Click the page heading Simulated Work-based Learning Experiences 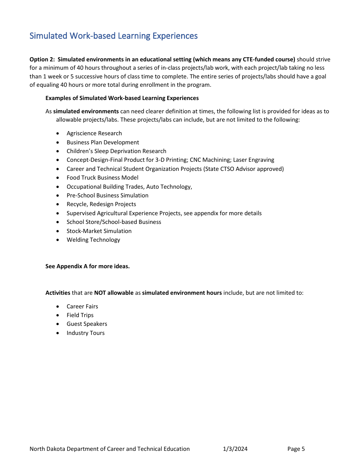(x=113, y=36)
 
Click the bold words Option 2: (x=42, y=59)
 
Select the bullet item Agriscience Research (x=94, y=133)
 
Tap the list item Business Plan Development (x=103, y=142)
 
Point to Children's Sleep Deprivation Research (x=116, y=151)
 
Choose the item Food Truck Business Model (x=102, y=178)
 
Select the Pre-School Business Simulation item (x=107, y=195)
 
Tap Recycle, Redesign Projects (x=101, y=204)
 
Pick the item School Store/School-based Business (x=114, y=222)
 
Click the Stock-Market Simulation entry (x=99, y=231)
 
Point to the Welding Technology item (x=93, y=240)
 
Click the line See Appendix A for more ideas (x=88, y=266)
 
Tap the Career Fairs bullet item (x=82, y=306)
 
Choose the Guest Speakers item (x=87, y=324)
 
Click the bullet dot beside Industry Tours (x=57, y=333)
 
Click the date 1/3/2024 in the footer (x=235, y=449)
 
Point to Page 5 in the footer (x=296, y=449)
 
